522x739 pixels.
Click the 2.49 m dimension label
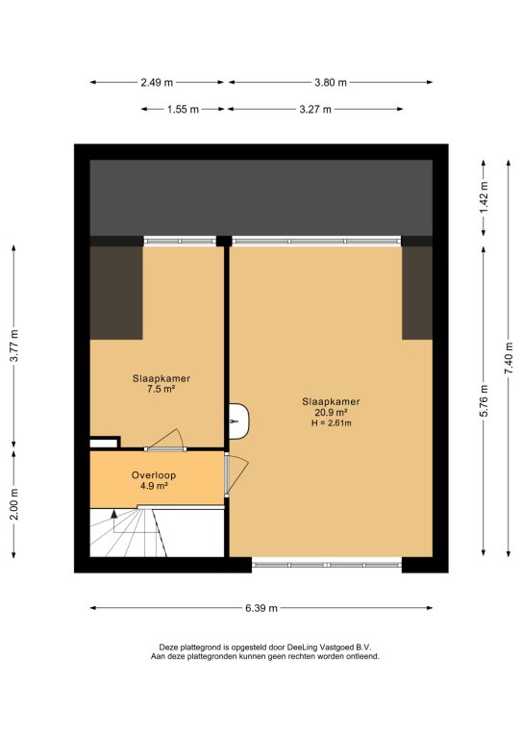click(x=157, y=83)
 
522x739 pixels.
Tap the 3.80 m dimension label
click(x=331, y=83)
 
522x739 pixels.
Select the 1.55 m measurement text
click(x=183, y=110)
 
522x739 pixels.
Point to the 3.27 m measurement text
click(x=315, y=110)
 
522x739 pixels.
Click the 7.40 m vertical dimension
click(x=509, y=358)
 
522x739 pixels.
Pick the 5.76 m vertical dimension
click(x=484, y=401)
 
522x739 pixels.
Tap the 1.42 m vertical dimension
click(x=484, y=197)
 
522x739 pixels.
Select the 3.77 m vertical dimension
click(x=14, y=345)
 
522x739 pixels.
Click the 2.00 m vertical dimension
click(x=14, y=504)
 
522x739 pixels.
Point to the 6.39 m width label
click(x=261, y=608)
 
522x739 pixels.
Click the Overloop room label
click(x=154, y=475)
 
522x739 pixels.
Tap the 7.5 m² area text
click(x=162, y=389)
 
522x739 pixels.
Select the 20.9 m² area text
click(x=331, y=413)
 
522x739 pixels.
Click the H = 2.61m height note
click(x=332, y=423)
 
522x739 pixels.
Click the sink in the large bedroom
click(x=239, y=421)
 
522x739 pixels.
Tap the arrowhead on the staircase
click(x=113, y=514)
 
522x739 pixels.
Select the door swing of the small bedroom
click(x=164, y=439)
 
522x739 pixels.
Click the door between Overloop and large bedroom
click(x=236, y=475)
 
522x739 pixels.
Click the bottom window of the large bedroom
click(x=327, y=564)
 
